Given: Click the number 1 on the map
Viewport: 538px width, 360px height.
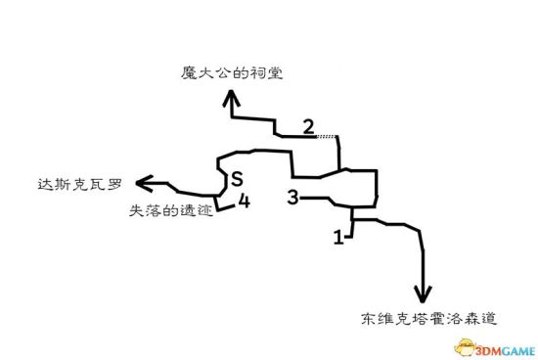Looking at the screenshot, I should point(338,236).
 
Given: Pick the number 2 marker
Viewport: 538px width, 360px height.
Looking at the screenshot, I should point(308,127).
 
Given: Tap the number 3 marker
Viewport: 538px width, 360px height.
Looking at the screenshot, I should point(292,198).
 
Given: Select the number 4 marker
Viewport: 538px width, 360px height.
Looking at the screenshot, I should point(244,202).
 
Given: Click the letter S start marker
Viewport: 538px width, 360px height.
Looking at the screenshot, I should point(236,179).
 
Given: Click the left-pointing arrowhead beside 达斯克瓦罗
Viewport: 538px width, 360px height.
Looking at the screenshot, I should point(143,182).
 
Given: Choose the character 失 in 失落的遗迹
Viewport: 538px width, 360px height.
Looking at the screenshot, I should point(135,210).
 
